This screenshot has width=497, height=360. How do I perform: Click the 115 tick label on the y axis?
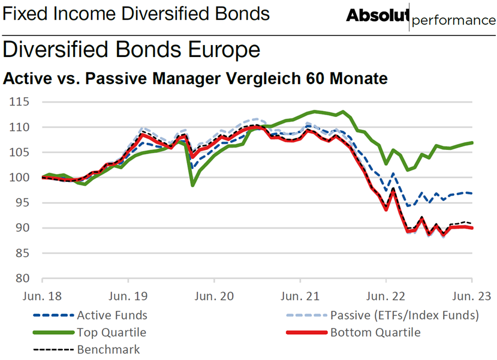[x=19, y=102]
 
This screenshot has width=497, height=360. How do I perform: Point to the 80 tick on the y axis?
[x=22, y=278]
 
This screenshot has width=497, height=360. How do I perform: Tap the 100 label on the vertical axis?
[x=19, y=178]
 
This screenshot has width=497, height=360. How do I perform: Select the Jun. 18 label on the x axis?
[x=42, y=296]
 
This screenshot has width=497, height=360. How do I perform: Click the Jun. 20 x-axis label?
[x=214, y=296]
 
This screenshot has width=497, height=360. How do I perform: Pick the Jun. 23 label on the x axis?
[x=472, y=296]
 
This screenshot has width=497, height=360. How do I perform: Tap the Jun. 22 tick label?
[x=385, y=296]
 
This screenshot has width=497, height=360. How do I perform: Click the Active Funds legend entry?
[x=90, y=315]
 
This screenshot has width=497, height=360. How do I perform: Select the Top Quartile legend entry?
[x=89, y=332]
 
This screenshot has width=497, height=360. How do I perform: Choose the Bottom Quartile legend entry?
[x=353, y=332]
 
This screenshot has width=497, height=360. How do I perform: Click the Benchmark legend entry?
[x=86, y=350]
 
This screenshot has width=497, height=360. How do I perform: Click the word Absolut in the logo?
[x=378, y=15]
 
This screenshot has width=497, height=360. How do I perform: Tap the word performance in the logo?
[x=454, y=20]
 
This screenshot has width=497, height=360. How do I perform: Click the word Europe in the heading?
[x=224, y=50]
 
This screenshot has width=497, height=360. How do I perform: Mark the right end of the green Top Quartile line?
[x=472, y=143]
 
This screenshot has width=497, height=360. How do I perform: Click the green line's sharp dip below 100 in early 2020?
[x=192, y=185]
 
